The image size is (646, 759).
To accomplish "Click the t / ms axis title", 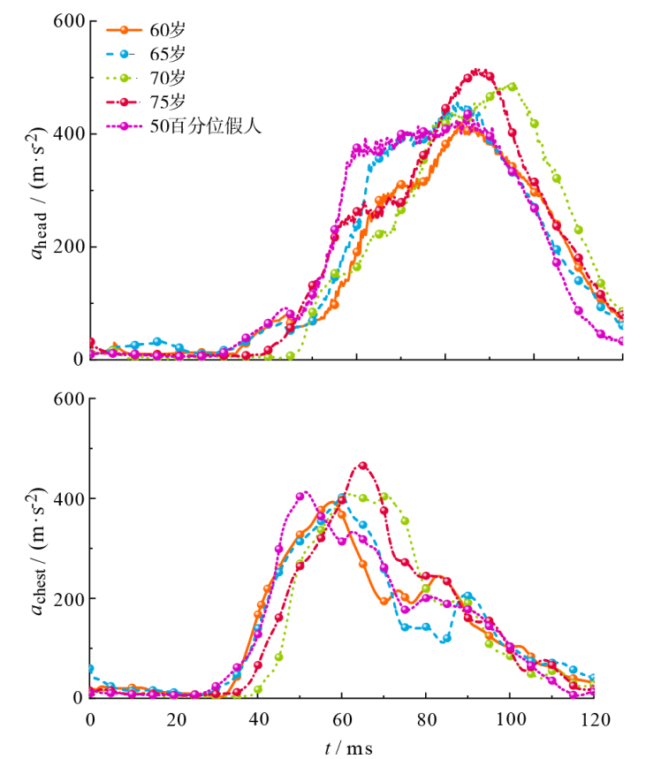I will [348, 748].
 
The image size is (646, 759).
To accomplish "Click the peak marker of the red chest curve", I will [363, 466].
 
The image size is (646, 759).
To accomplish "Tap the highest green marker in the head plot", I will [513, 87].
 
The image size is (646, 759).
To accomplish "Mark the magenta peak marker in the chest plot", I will [300, 496].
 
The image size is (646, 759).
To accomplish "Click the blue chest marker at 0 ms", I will [90, 670].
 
